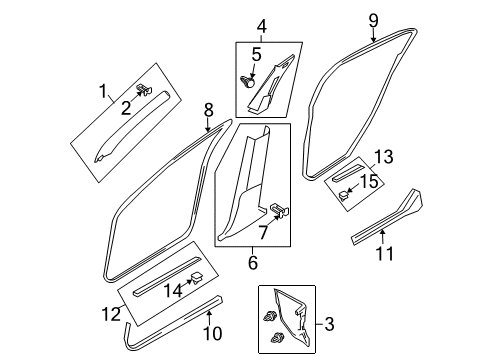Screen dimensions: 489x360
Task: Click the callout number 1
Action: coord(104,91)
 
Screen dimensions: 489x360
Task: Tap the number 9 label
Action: coord(374,21)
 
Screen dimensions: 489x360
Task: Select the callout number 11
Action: coord(385,253)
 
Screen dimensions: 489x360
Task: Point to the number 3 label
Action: coord(329,324)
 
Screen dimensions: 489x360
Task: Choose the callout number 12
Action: coord(111,314)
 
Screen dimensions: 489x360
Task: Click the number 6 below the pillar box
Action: coord(253,262)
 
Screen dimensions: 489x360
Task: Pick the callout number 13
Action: coord(384,156)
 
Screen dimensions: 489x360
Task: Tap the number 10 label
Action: coord(212,333)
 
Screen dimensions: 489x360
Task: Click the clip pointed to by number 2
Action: coord(145,89)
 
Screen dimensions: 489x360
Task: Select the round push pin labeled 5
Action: coord(248,81)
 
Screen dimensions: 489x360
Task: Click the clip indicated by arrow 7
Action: coord(279,209)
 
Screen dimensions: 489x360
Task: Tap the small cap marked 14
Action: coord(197,278)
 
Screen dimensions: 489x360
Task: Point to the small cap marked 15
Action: coord(344,195)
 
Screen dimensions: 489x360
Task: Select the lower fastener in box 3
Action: coord(277,337)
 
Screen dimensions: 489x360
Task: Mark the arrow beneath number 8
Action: coord(208,125)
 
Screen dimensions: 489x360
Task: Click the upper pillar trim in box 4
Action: coord(271,85)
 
